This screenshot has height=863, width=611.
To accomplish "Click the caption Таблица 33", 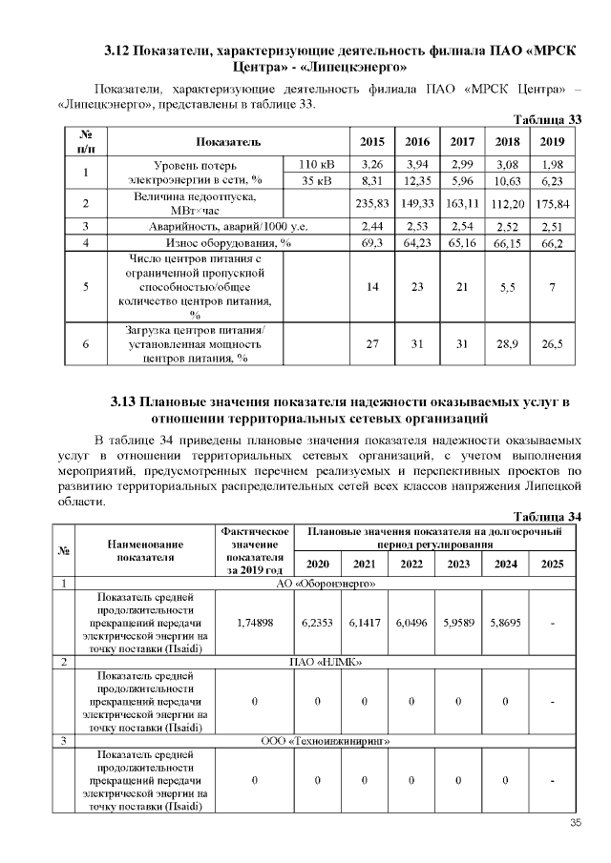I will tap(547, 119).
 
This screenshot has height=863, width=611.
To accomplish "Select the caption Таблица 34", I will tap(547, 516).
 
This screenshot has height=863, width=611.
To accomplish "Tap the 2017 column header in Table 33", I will tap(462, 141).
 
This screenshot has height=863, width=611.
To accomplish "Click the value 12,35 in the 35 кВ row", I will tap(417, 180).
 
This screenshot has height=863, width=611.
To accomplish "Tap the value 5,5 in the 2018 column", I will tap(507, 287).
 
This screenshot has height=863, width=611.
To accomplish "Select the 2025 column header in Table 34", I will tap(551, 564).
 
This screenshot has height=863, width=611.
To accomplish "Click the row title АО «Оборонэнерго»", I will tap(326, 582).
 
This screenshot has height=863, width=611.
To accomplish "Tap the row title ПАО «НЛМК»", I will tap(326, 660).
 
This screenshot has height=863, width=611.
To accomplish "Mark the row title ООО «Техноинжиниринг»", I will tap(326, 740).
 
